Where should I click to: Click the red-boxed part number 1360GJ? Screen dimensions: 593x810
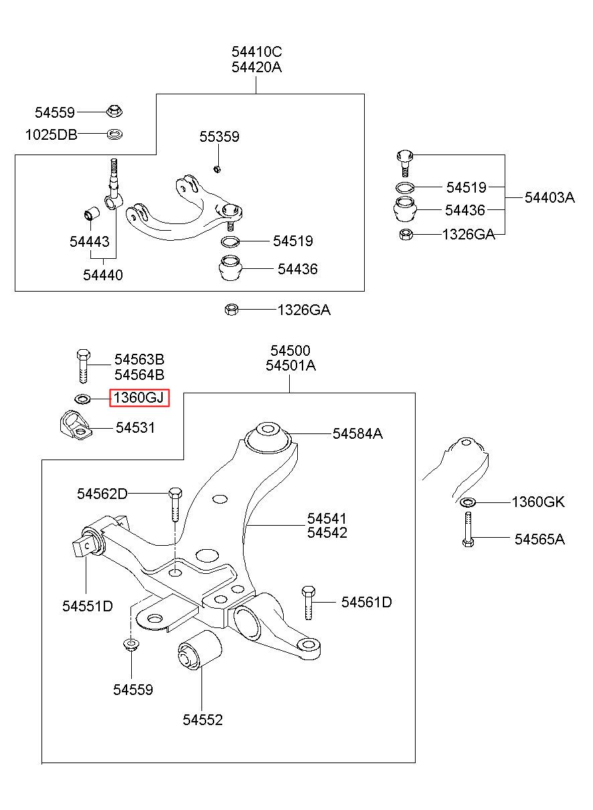point(139,398)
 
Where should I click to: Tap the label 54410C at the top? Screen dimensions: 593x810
point(256,52)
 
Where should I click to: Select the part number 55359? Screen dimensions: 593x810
point(220,136)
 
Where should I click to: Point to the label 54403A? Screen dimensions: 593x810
point(549,198)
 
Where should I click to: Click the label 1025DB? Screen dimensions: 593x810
point(52,135)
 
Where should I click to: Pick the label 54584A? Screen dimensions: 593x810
point(357,433)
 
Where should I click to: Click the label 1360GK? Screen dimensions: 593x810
point(538,502)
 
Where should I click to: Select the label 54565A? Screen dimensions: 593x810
point(539,539)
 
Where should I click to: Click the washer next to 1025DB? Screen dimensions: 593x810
point(114,134)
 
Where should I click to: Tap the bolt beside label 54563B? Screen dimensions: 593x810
point(84,366)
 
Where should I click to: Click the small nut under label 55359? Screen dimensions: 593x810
point(217,169)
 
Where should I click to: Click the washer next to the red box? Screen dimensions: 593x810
point(82,399)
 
